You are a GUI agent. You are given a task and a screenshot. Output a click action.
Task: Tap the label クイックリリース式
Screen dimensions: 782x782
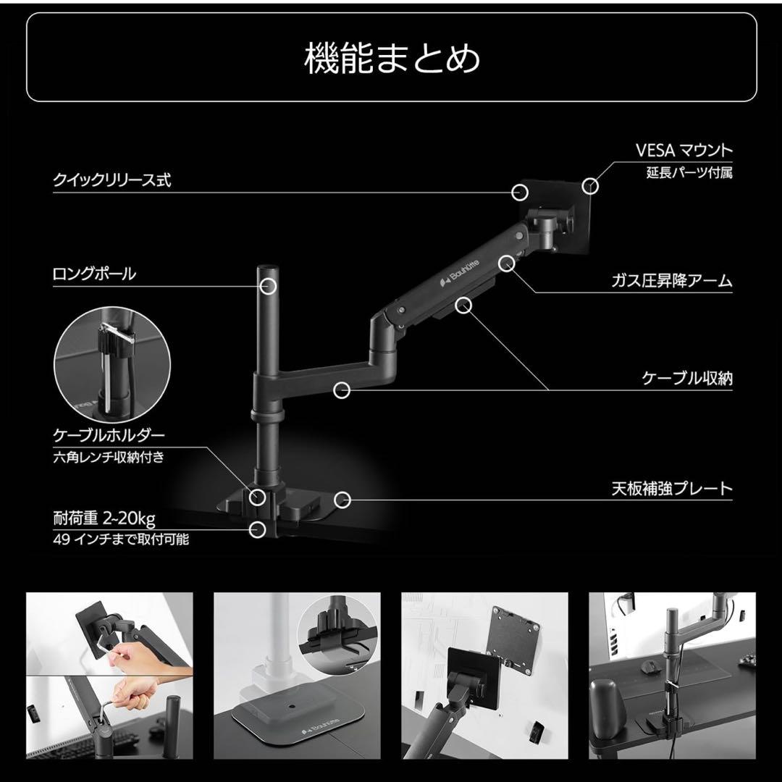coord(112,180)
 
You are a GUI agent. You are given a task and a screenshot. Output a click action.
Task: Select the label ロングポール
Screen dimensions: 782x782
coord(94,274)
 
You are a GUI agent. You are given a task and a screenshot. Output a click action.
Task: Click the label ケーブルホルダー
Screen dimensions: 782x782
coord(109,435)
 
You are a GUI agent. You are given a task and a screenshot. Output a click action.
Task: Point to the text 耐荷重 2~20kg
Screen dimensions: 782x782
coord(104,519)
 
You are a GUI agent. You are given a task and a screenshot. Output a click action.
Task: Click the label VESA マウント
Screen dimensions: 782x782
coord(684,151)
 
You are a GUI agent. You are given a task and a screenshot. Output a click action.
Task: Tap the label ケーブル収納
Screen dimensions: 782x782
coord(687,378)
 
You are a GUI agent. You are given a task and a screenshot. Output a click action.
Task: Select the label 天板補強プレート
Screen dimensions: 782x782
coord(672,489)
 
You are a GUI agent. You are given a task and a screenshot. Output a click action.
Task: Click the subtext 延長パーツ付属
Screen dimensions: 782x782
coord(689,173)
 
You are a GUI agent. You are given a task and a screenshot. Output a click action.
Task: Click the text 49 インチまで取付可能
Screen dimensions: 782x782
coord(120,539)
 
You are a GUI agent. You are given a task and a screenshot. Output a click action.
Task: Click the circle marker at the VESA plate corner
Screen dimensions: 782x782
coord(592,185)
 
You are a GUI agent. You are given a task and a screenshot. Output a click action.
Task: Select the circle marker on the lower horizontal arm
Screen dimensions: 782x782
coord(342,390)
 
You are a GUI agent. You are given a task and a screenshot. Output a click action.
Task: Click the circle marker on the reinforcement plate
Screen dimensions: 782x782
coord(343,500)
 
